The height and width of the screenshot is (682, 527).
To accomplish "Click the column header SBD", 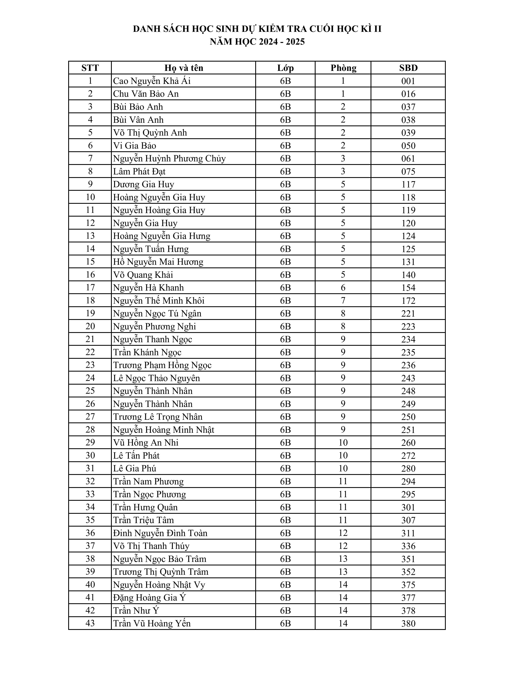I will (408, 68).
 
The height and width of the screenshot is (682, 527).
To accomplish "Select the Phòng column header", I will (343, 68).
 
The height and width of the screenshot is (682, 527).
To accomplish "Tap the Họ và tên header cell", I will (184, 68).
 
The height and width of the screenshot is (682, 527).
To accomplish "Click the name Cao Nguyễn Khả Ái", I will (152, 81).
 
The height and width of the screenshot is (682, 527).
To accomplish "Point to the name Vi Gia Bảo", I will (135, 145).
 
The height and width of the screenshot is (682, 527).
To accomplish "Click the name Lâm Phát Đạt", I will (139, 172).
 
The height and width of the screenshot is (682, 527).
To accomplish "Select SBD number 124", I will (408, 236).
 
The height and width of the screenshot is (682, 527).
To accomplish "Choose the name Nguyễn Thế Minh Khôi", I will (159, 300).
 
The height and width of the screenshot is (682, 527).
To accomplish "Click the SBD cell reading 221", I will (408, 314).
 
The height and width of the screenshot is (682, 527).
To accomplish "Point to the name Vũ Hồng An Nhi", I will (146, 442).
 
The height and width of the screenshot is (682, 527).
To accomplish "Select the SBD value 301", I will (408, 507).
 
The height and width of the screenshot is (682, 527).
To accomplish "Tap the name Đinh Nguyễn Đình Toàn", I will (160, 533).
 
